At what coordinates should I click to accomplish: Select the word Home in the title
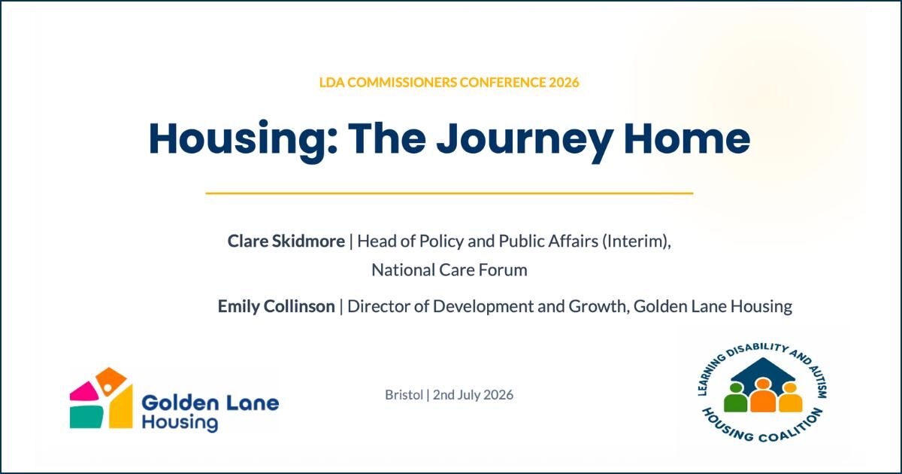click(687, 138)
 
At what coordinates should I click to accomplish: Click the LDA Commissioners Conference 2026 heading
click(449, 82)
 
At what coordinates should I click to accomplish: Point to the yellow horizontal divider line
click(449, 193)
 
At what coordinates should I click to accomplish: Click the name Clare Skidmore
click(286, 241)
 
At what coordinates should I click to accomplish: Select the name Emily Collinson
click(277, 306)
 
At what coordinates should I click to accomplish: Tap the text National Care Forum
click(449, 270)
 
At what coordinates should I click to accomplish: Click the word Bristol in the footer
click(404, 394)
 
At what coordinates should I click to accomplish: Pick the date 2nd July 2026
click(473, 394)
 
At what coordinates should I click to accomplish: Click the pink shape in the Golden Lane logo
click(83, 390)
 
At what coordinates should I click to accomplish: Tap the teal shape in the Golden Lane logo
click(86, 417)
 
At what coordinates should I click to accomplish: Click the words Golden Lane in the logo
click(210, 403)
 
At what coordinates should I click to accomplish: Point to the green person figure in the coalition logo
click(735, 398)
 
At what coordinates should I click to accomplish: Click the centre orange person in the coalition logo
click(763, 396)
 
